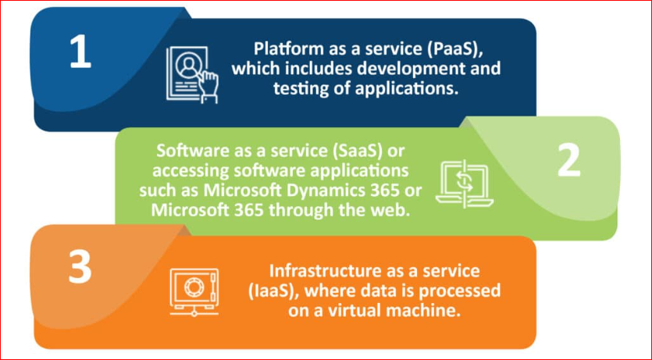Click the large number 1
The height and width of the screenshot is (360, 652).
click(x=80, y=52)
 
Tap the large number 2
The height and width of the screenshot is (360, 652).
click(x=568, y=160)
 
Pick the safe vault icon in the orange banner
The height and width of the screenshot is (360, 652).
click(x=194, y=290)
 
